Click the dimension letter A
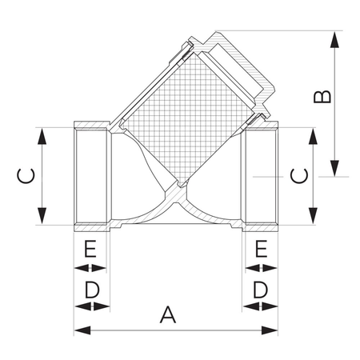[x=168, y=314]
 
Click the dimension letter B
[x=322, y=97]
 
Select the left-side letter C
[x=26, y=176]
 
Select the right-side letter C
[x=299, y=176]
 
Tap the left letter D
[x=92, y=290]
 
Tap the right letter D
[x=260, y=290]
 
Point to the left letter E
[x=90, y=249]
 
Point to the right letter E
[x=262, y=249]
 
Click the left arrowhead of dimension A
[x=82, y=330]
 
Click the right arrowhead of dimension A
[x=270, y=330]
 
